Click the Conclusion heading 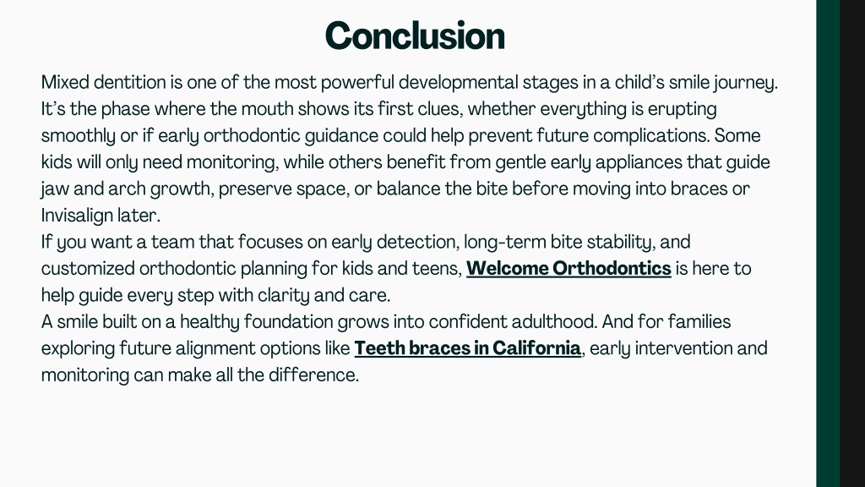(x=415, y=36)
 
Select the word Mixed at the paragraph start (x=65, y=82)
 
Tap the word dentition (x=129, y=82)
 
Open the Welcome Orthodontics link (x=569, y=268)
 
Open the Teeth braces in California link (x=467, y=348)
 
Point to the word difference (x=313, y=375)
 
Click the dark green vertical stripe (x=828, y=243)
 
